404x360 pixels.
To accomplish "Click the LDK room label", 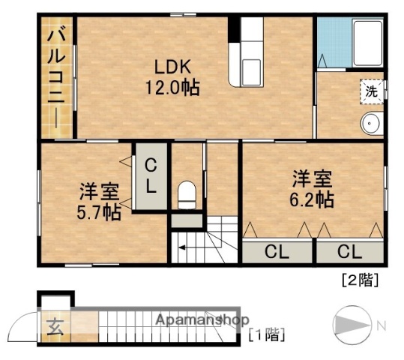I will (x=172, y=64).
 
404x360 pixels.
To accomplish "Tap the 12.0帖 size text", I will (x=172, y=87).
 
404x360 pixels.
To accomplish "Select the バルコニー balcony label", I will (x=55, y=79).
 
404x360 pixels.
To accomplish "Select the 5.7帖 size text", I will (x=99, y=213).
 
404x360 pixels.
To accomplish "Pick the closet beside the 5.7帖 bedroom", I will (x=151, y=176).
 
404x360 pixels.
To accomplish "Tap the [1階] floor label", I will (x=266, y=335).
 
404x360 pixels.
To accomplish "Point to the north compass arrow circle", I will (x=352, y=324).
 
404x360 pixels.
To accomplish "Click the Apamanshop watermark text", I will (x=202, y=320).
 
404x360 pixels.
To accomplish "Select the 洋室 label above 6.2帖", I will (x=312, y=178).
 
